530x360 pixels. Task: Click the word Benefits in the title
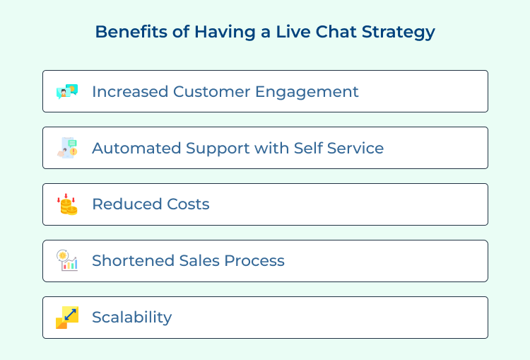[131, 32]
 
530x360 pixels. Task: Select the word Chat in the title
[336, 32]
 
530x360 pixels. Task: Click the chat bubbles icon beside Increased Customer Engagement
[67, 91]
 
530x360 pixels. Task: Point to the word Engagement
[307, 93]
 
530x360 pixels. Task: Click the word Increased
[130, 92]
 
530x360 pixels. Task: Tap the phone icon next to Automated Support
[67, 148]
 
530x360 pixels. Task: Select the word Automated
[136, 149]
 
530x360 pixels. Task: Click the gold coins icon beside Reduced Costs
[67, 204]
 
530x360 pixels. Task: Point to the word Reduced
[127, 204]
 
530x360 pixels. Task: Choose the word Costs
[188, 204]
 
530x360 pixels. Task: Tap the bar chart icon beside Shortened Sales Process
[67, 260]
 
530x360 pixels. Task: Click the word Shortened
[133, 260]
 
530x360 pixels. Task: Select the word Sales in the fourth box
[199, 260]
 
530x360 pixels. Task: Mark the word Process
[254, 261]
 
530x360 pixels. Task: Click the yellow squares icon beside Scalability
[67, 318]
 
